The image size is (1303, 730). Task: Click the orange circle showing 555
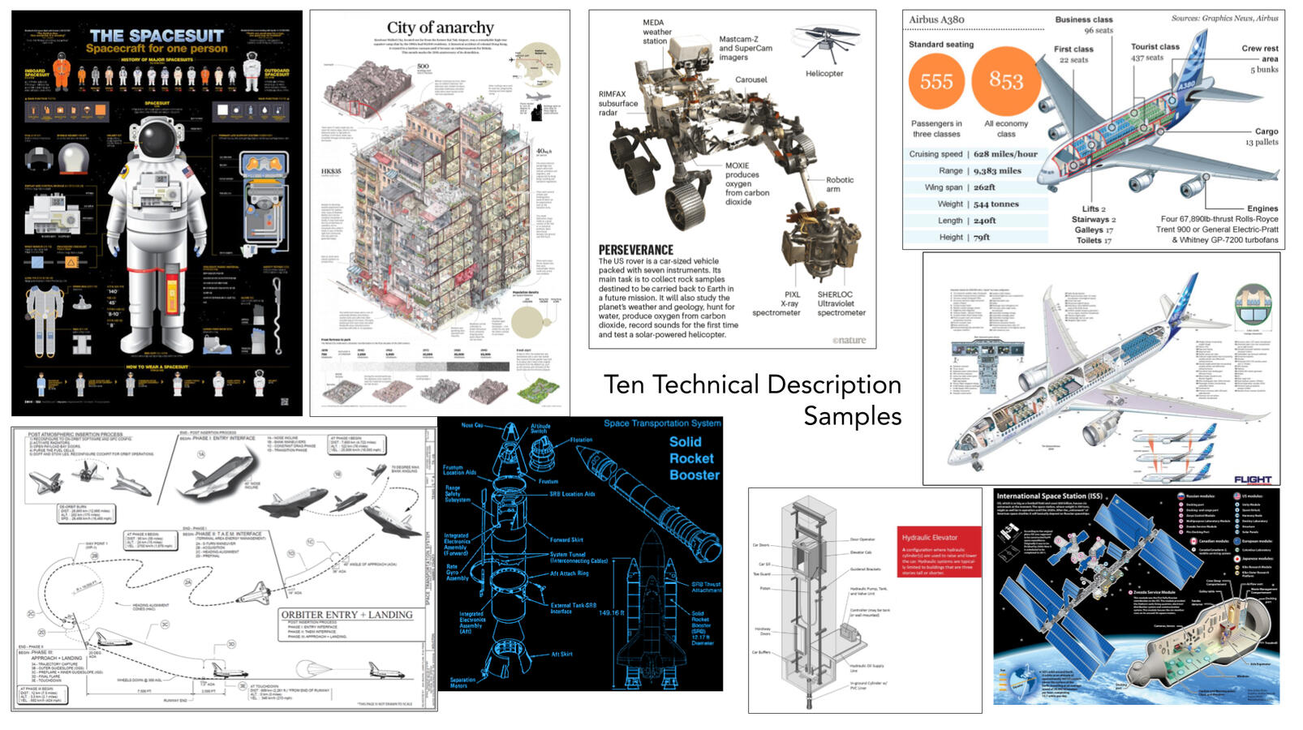936,81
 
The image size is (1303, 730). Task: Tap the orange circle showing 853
1006,80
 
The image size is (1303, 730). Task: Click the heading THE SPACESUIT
157,36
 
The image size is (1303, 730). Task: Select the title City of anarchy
440,28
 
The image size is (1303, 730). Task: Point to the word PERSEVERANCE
636,250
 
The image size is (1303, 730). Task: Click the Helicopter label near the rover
824,74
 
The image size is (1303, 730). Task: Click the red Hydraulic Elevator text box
940,552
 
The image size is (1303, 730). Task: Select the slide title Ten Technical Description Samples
753,399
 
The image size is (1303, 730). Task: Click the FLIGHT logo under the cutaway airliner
1252,479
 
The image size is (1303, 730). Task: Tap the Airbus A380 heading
936,19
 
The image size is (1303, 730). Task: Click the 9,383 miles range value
997,171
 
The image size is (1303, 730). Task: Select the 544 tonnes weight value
996,204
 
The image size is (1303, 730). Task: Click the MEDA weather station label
656,32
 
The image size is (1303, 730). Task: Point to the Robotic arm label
840,184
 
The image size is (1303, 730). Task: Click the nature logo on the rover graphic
849,341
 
